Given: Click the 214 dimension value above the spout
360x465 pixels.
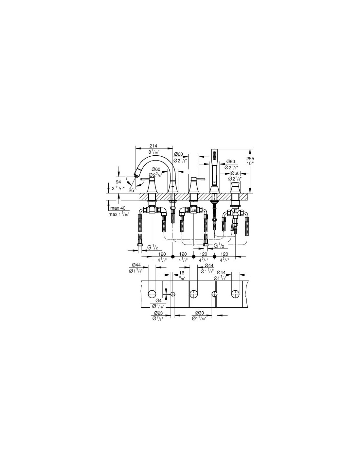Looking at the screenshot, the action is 153,146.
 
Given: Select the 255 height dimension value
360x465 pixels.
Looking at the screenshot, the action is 250,159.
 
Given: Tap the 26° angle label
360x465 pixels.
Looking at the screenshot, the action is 133,190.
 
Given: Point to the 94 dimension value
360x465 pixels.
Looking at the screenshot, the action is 118,182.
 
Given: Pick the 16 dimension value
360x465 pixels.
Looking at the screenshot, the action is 182,273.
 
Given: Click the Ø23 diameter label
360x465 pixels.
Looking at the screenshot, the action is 157,313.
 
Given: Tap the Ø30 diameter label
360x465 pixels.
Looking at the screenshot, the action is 199,313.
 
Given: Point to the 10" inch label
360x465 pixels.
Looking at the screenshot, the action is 250,164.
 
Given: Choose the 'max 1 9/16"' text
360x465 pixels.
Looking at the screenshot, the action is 119,214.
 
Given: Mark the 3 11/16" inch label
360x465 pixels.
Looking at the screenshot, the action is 118,189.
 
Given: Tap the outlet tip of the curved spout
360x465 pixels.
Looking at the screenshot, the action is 135,175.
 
